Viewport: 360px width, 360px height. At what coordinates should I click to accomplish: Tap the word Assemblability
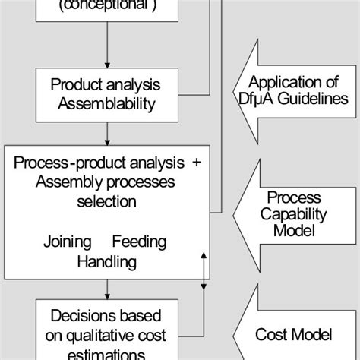(x=106, y=103)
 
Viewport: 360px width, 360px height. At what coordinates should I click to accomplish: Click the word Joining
(x=68, y=242)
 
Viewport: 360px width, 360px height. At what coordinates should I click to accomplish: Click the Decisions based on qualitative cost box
(x=106, y=330)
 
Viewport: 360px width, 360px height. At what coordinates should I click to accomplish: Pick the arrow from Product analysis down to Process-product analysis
(x=106, y=134)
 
